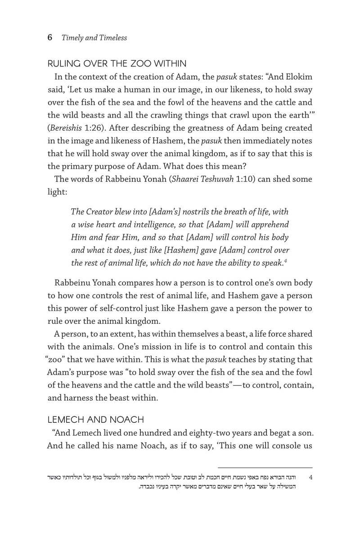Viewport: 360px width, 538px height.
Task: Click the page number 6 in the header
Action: click(x=50, y=38)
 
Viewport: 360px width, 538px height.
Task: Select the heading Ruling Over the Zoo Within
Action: click(x=117, y=63)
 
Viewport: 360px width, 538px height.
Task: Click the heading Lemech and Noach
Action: click(x=95, y=420)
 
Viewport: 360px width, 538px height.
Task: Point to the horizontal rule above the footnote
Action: click(x=265, y=468)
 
